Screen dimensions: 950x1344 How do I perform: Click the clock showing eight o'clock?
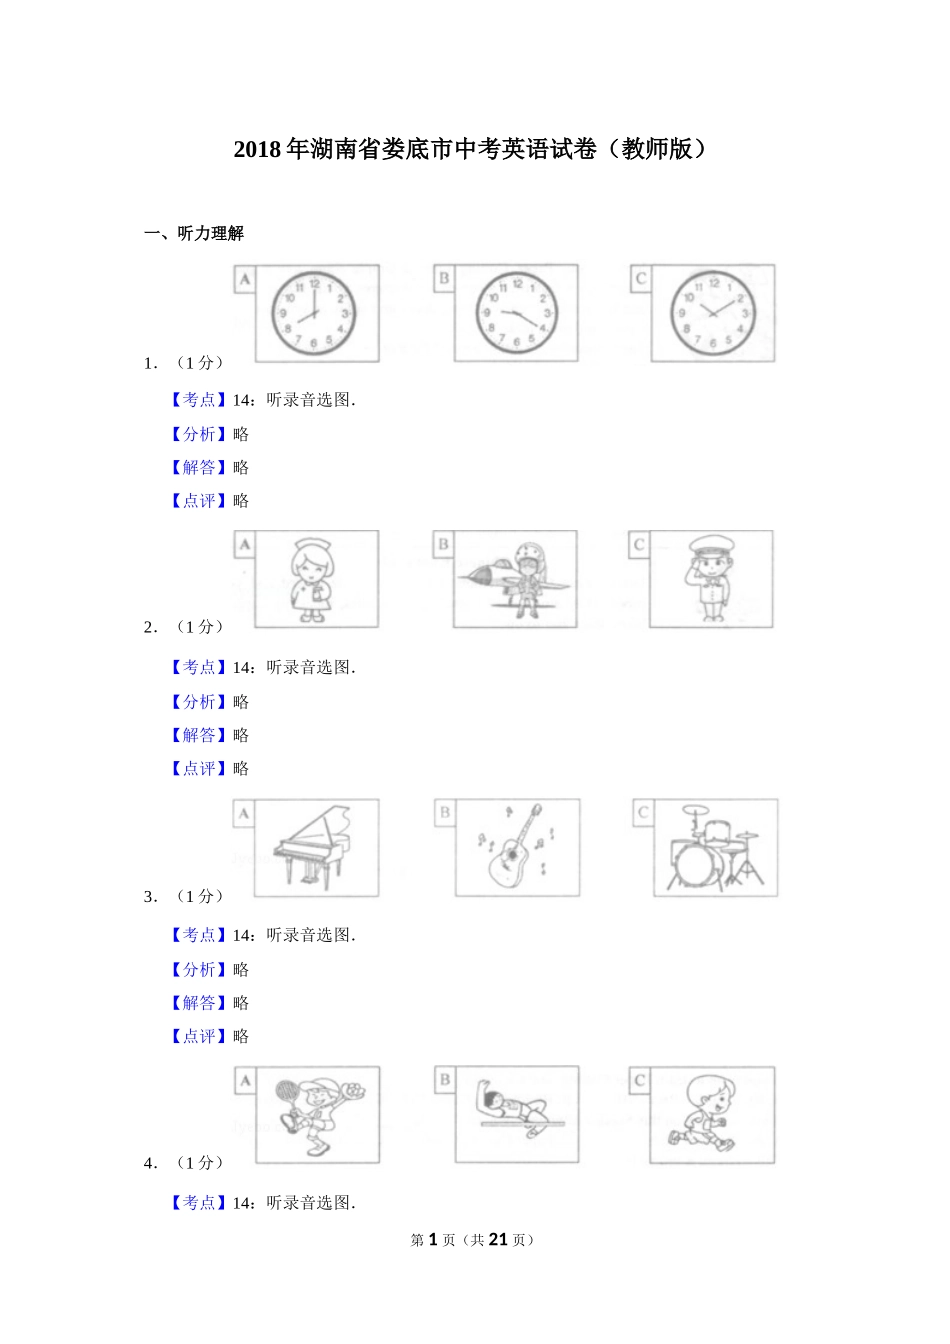pyautogui.click(x=313, y=314)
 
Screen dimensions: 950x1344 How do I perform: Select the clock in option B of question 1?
pyautogui.click(x=516, y=313)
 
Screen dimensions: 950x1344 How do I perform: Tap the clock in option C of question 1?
pyautogui.click(x=712, y=313)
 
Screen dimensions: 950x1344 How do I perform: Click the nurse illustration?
pyautogui.click(x=311, y=580)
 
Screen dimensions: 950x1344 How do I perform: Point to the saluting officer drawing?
pyautogui.click(x=710, y=578)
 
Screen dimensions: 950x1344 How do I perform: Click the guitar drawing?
pyautogui.click(x=515, y=847)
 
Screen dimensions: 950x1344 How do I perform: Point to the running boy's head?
pyautogui.click(x=712, y=1096)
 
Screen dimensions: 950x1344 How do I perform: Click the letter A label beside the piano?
pyautogui.click(x=244, y=814)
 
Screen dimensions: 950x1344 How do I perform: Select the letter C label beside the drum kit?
pyautogui.click(x=643, y=812)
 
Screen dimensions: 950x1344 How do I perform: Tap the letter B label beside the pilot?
pyautogui.click(x=443, y=544)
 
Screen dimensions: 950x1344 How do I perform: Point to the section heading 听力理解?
pyautogui.click(x=210, y=233)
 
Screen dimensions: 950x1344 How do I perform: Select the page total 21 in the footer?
pyautogui.click(x=498, y=1240)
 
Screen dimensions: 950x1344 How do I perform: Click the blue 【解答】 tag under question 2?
pyautogui.click(x=199, y=735)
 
